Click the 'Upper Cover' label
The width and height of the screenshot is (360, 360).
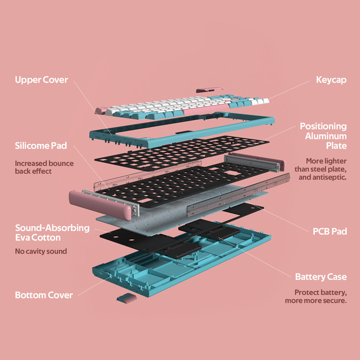tap(41, 80)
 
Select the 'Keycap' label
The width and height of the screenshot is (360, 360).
tap(331, 80)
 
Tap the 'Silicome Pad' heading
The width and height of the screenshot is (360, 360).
tap(41, 146)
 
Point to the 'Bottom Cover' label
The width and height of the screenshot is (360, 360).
tap(44, 295)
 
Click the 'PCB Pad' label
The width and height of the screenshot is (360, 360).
tap(330, 231)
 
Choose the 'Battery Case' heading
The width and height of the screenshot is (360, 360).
tap(321, 277)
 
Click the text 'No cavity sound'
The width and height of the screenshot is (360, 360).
tap(41, 251)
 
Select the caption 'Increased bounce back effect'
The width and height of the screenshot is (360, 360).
tap(44, 167)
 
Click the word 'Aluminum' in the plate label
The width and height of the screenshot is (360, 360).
tap(326, 136)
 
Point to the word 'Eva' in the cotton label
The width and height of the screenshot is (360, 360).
tap(23, 238)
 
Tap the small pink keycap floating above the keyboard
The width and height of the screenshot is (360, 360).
tap(209, 89)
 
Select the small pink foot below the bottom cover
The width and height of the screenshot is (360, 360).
tap(126, 298)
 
